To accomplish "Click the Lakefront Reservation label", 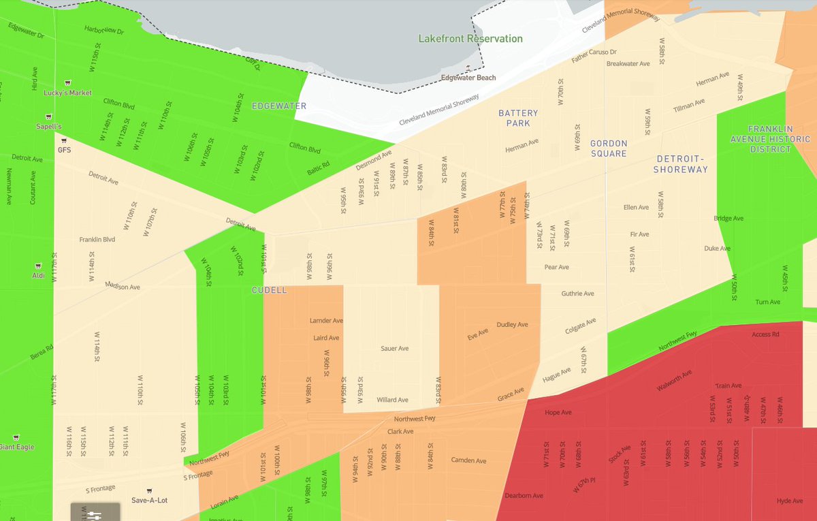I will tap(470, 39).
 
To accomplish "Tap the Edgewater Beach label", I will tap(468, 78).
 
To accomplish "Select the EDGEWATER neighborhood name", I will tap(279, 106).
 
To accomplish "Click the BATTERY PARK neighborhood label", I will tap(518, 119).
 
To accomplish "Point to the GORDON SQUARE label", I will tap(609, 148).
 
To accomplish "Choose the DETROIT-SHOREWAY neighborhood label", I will tap(681, 164).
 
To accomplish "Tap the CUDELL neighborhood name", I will tap(269, 290).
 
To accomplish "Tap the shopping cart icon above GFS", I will tap(64, 141).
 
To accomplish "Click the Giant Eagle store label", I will tap(16, 447).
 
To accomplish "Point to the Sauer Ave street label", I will tap(394, 348).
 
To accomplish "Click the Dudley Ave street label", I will tap(512, 324).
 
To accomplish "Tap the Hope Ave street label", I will tap(558, 413).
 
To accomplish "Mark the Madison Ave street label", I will tap(123, 287).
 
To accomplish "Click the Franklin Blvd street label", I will tap(97, 240).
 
